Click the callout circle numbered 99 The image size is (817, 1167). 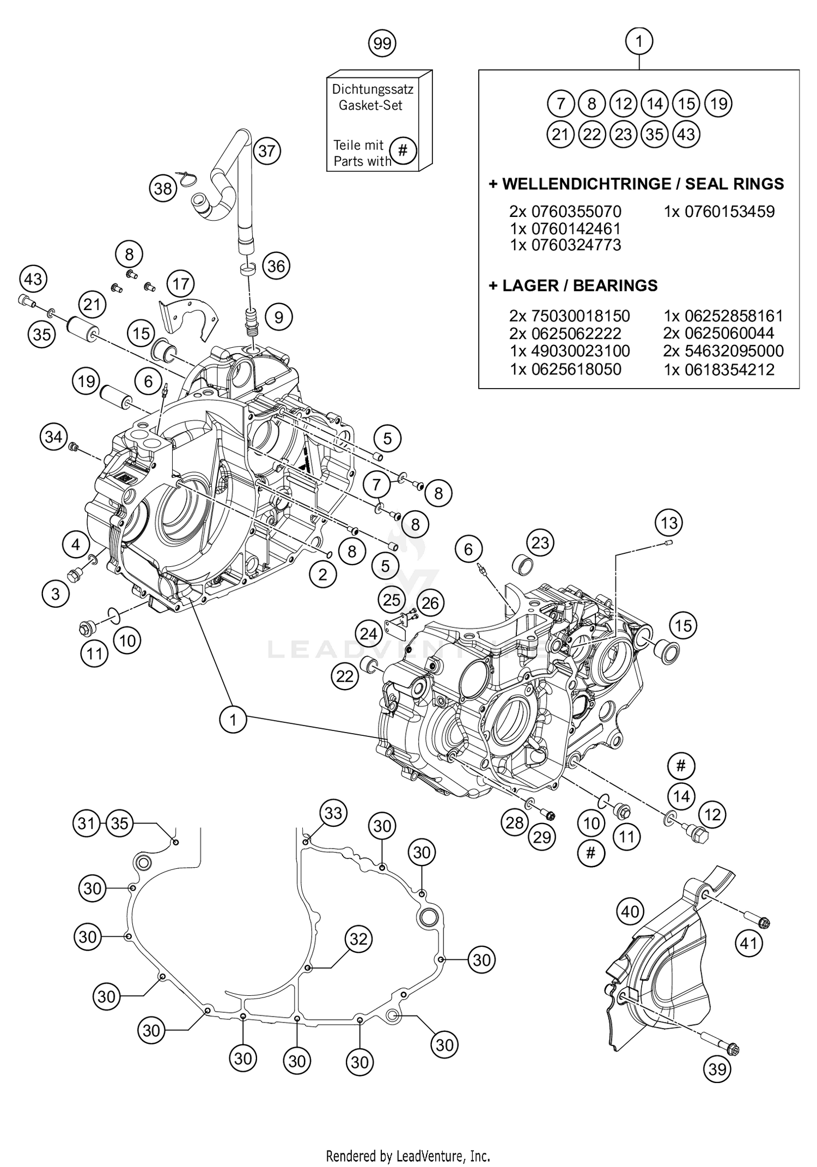(382, 43)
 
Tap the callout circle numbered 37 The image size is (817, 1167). (266, 150)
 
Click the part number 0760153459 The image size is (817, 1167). (729, 211)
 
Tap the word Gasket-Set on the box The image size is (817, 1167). (370, 105)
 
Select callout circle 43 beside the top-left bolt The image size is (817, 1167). (33, 280)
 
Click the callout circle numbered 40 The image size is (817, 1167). (630, 911)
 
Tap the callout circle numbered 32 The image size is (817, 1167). (358, 939)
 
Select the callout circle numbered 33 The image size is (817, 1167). (333, 813)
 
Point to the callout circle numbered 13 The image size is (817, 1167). (669, 523)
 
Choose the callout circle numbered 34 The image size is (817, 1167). (53, 437)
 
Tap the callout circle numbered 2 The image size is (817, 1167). (322, 575)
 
